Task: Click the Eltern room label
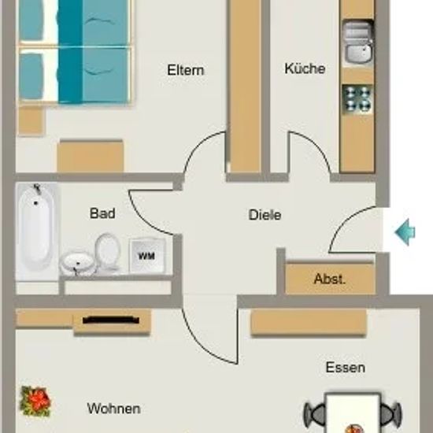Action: click(x=186, y=70)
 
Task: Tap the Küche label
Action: click(x=305, y=68)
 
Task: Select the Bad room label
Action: click(x=102, y=213)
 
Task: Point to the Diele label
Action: click(x=265, y=215)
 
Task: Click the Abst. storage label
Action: click(x=330, y=279)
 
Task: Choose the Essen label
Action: click(x=346, y=368)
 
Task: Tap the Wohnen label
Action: click(x=114, y=409)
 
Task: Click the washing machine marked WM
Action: click(x=148, y=255)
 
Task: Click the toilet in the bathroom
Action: click(x=108, y=252)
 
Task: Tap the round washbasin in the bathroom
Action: click(x=77, y=262)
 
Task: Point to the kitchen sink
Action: click(x=358, y=43)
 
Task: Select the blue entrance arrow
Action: click(x=405, y=232)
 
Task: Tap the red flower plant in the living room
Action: click(x=35, y=401)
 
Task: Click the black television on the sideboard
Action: click(x=111, y=320)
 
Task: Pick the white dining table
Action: click(x=353, y=413)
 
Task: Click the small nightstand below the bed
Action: click(x=31, y=120)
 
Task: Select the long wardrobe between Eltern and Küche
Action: click(x=245, y=86)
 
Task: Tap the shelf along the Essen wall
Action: click(x=309, y=322)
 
